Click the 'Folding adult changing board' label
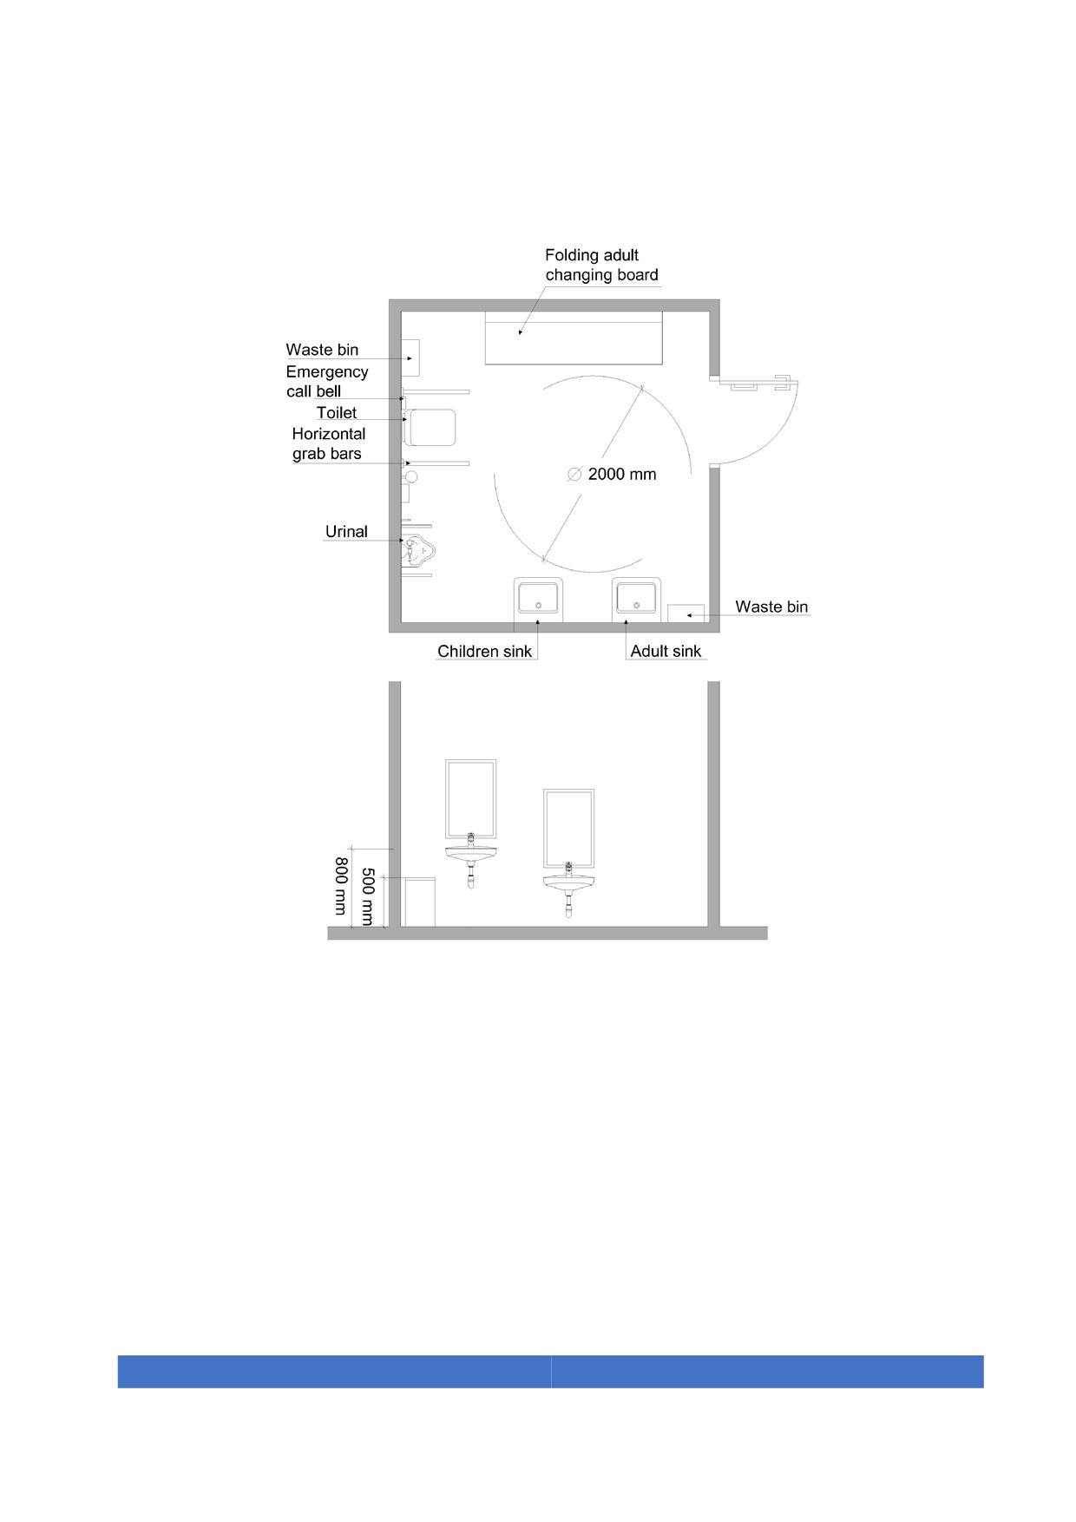point(601,265)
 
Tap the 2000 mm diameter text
point(622,475)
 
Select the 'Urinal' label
point(346,532)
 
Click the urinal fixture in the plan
point(417,548)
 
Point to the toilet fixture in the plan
point(430,427)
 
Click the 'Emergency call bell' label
point(327,381)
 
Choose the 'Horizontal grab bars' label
point(328,443)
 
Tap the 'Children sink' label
point(484,652)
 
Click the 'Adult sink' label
point(666,652)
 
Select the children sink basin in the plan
point(538,599)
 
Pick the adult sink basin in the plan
point(636,599)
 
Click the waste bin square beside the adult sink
point(686,613)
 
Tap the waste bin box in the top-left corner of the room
point(410,358)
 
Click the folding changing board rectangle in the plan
point(574,338)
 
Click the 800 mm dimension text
point(341,886)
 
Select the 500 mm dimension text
point(367,896)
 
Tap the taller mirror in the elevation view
point(471,799)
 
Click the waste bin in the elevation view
point(419,902)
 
